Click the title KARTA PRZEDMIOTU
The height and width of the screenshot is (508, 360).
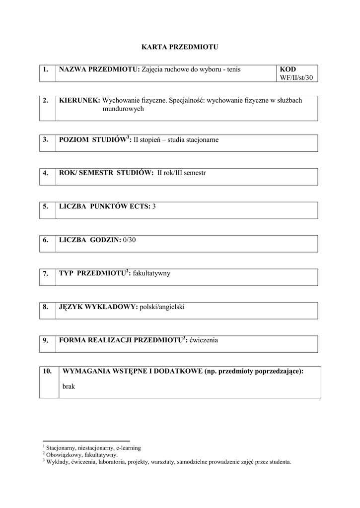[x=180, y=47]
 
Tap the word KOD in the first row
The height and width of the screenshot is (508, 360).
[x=288, y=69]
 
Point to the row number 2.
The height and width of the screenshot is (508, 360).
[x=45, y=100]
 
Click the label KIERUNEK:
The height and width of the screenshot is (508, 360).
[x=79, y=100]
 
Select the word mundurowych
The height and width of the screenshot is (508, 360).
[x=123, y=109]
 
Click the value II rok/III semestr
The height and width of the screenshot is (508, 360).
[x=181, y=173]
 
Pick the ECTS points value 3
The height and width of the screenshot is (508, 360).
[x=154, y=206]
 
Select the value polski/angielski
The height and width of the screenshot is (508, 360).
[x=162, y=307]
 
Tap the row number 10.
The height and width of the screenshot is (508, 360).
[x=48, y=371]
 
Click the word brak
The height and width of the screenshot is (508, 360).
[x=69, y=386]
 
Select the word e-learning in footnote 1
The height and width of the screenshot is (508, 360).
[x=128, y=448]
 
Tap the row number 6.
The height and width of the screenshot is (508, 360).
[x=45, y=240]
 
